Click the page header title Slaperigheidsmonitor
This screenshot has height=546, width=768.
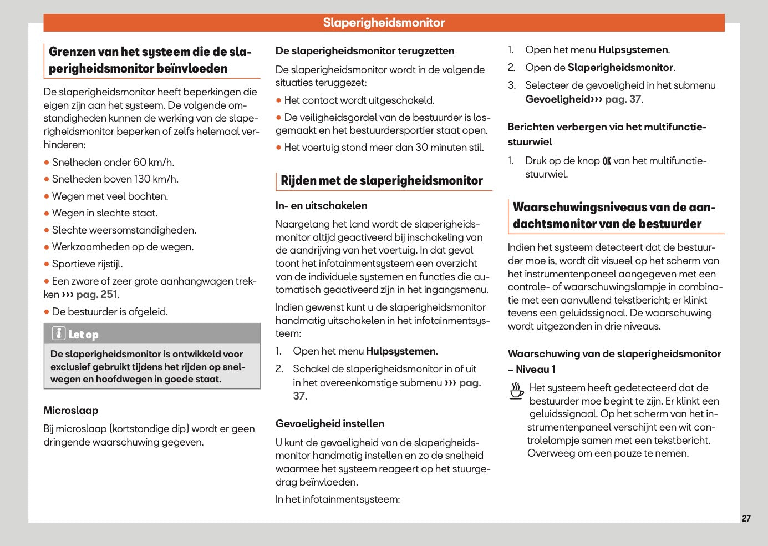tap(384, 23)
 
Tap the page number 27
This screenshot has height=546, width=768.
tap(746, 518)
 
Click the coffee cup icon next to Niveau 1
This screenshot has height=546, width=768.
tap(516, 391)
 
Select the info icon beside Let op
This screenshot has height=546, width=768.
tap(59, 333)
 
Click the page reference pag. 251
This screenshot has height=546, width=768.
tap(96, 295)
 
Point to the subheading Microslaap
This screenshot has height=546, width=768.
tap(71, 411)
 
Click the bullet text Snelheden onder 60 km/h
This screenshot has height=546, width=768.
tap(113, 163)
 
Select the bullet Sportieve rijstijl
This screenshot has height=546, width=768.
tap(87, 264)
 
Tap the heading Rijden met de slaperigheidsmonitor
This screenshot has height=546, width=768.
tap(382, 181)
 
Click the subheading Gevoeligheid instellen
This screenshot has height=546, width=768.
tap(330, 424)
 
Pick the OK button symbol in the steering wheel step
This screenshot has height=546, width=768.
tap(607, 161)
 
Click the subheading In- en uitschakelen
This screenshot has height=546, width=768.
tap(321, 206)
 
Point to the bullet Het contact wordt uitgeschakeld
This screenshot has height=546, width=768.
tap(359, 100)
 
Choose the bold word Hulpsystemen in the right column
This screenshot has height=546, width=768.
tap(633, 50)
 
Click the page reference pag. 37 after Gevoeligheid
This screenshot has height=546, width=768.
tap(623, 99)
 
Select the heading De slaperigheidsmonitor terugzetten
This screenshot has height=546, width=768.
tap(365, 51)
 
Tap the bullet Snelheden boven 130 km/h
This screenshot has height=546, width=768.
tap(115, 179)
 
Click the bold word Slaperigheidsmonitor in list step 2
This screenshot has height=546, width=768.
tap(620, 68)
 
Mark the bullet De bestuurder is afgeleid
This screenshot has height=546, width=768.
tap(109, 312)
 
